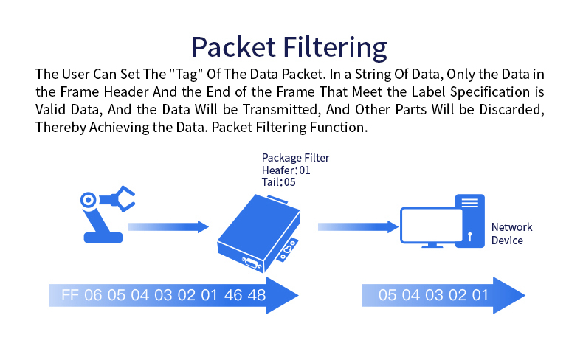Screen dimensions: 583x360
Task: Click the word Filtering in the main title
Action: click(x=335, y=47)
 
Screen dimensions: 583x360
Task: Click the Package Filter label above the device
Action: click(x=296, y=158)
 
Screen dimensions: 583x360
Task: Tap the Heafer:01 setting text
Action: click(x=286, y=170)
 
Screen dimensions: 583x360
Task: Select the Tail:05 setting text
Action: click(x=278, y=182)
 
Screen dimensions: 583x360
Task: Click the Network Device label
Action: click(x=511, y=234)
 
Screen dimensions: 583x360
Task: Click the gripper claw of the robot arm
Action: click(x=123, y=198)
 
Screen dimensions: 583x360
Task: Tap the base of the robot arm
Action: click(x=103, y=238)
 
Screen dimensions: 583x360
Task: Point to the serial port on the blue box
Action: click(x=252, y=263)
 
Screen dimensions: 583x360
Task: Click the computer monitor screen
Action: click(x=431, y=226)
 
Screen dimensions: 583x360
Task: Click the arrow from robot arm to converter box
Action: click(x=168, y=226)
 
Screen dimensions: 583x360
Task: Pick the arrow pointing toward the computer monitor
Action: click(x=359, y=226)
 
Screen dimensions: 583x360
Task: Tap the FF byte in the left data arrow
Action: click(x=70, y=295)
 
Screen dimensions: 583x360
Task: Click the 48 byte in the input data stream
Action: click(x=257, y=295)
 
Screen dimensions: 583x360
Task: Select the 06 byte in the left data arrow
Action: click(x=93, y=295)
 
